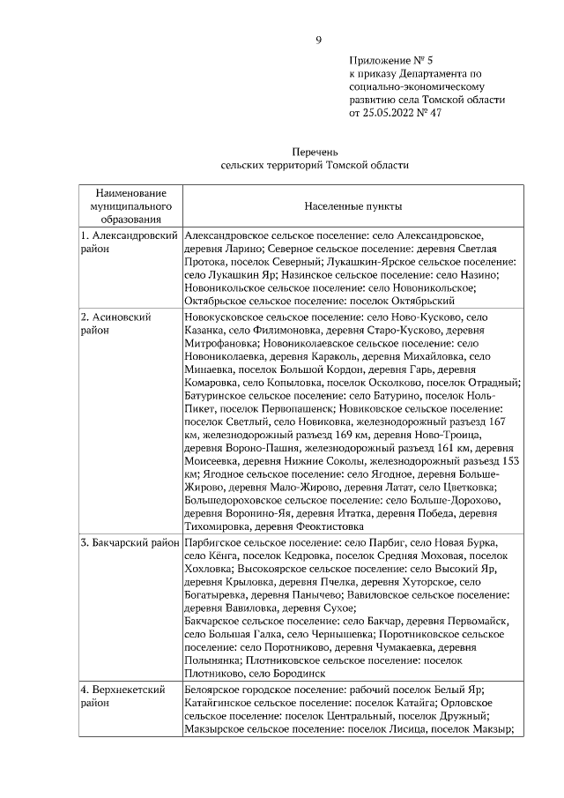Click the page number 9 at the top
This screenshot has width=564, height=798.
click(x=318, y=40)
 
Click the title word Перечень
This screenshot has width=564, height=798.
click(x=315, y=152)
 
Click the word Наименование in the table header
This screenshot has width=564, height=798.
click(x=128, y=192)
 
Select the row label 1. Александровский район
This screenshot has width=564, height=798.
click(x=129, y=242)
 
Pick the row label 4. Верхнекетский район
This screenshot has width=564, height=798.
click(x=123, y=697)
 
